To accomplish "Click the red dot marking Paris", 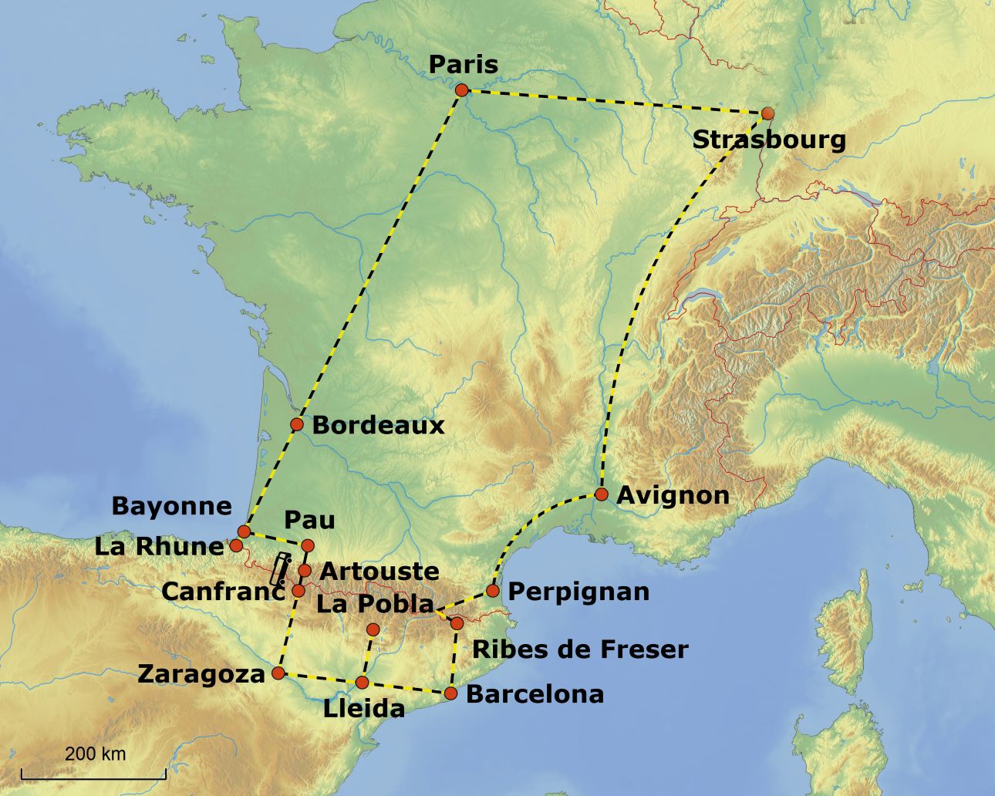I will [x=461, y=90].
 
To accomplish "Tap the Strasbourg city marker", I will [x=767, y=113].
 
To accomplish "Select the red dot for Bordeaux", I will [x=297, y=424].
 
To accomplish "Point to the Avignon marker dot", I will [x=602, y=494].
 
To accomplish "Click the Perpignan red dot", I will [x=493, y=591].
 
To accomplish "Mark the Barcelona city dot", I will [x=451, y=693].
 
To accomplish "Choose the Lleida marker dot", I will [x=362, y=682].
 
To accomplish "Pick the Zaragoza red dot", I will [x=279, y=673].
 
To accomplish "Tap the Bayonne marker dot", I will [x=244, y=531].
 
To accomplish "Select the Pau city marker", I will [x=308, y=546].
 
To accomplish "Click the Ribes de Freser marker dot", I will [x=457, y=622].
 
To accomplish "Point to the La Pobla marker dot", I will [x=373, y=629].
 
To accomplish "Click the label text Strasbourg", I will [x=769, y=140].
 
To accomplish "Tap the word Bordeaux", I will [x=378, y=425].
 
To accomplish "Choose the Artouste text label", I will [x=379, y=572].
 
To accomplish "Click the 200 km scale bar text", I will [x=95, y=754].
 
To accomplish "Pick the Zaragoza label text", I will [x=201, y=674].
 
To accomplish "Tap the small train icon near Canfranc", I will [x=280, y=567].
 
